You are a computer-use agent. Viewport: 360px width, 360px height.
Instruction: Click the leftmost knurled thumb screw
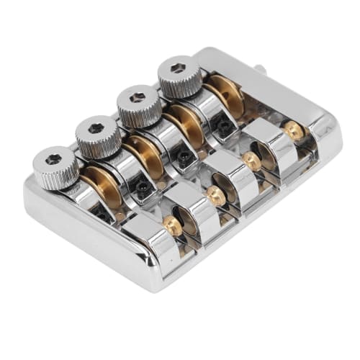(55, 167)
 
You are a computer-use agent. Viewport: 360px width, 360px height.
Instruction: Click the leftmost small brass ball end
(173, 225)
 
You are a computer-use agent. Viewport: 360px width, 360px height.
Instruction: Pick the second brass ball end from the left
(215, 194)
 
